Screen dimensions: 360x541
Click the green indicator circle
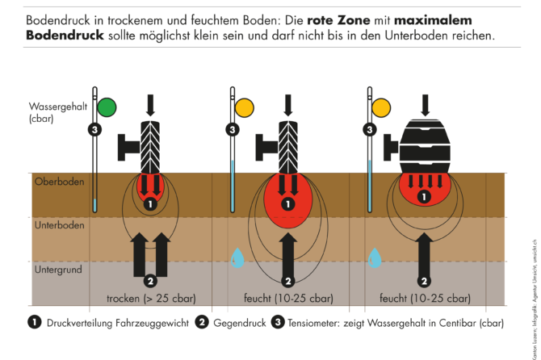tap(106, 107)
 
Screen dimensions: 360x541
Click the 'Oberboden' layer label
tap(59, 182)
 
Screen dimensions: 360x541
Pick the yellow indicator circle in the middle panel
tap(243, 107)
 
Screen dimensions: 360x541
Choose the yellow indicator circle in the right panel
tap(382, 107)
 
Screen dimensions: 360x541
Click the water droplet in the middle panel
tap(237, 257)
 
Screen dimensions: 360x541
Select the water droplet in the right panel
tap(375, 257)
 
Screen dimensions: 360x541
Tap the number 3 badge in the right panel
tap(371, 129)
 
